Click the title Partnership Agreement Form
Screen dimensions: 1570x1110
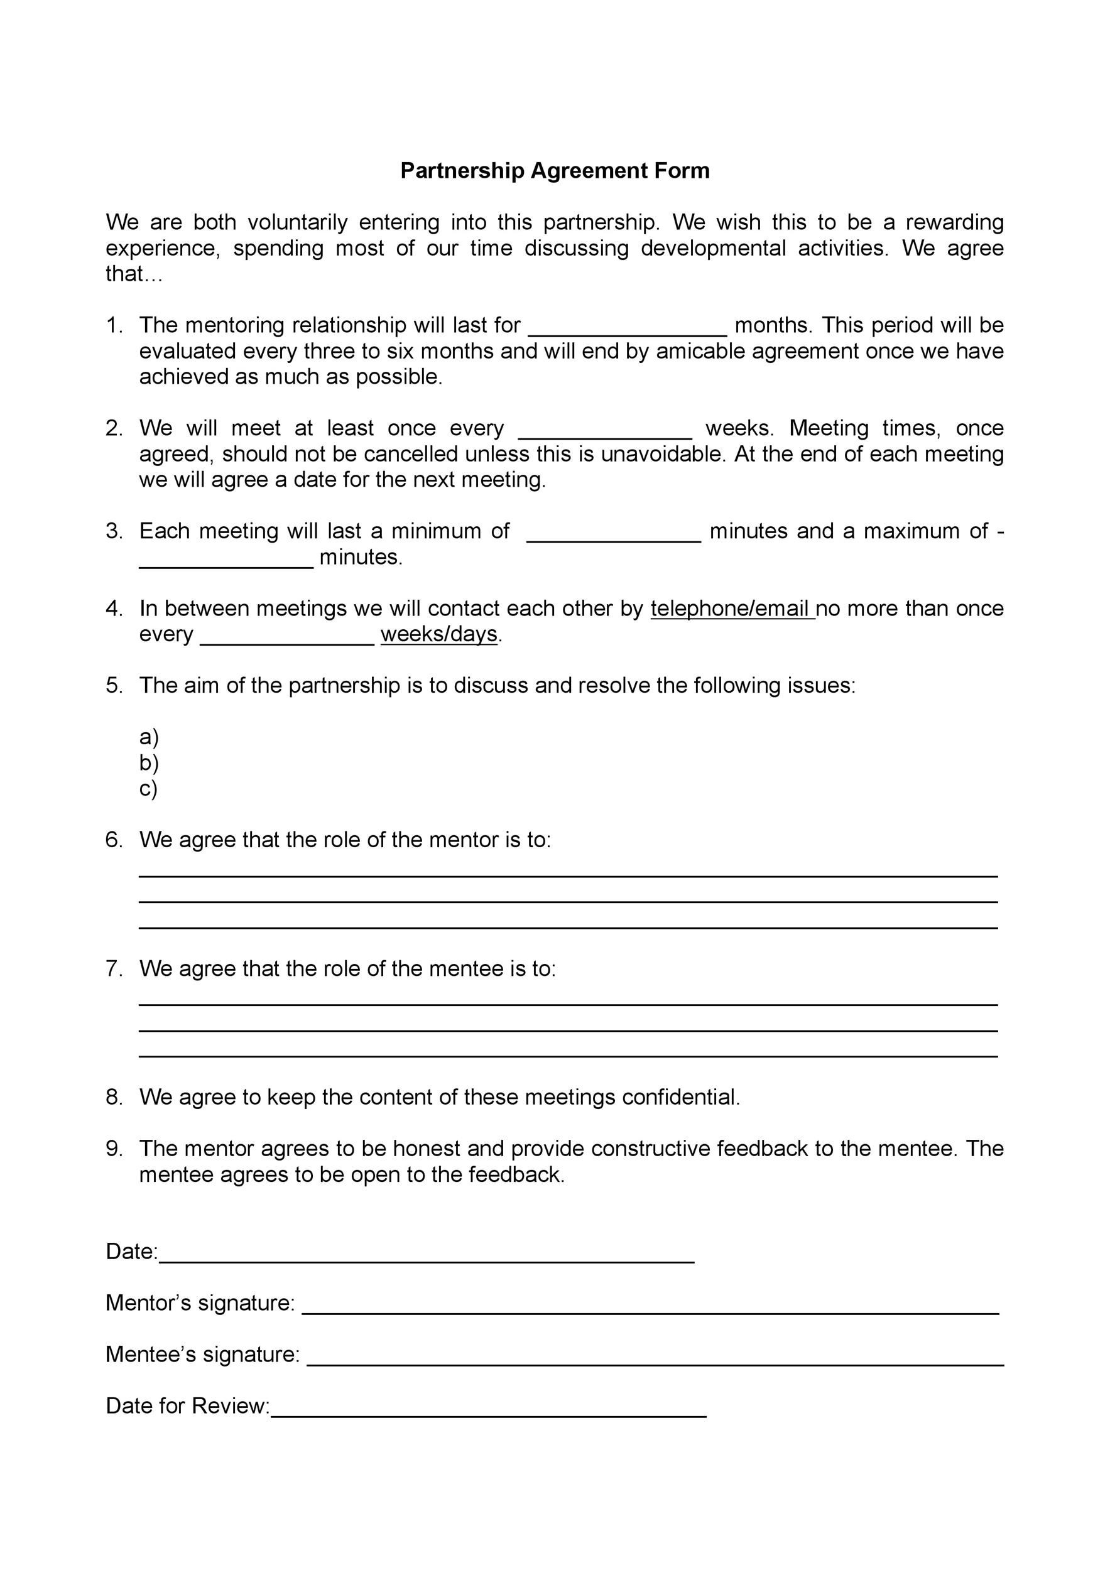click(555, 170)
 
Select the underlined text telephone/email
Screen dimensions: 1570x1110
click(732, 608)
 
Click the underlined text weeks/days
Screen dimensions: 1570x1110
click(439, 634)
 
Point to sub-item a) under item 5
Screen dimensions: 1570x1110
click(148, 737)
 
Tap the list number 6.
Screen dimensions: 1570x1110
click(114, 840)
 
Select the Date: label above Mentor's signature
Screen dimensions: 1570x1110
click(131, 1252)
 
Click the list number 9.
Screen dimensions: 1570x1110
click(114, 1148)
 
